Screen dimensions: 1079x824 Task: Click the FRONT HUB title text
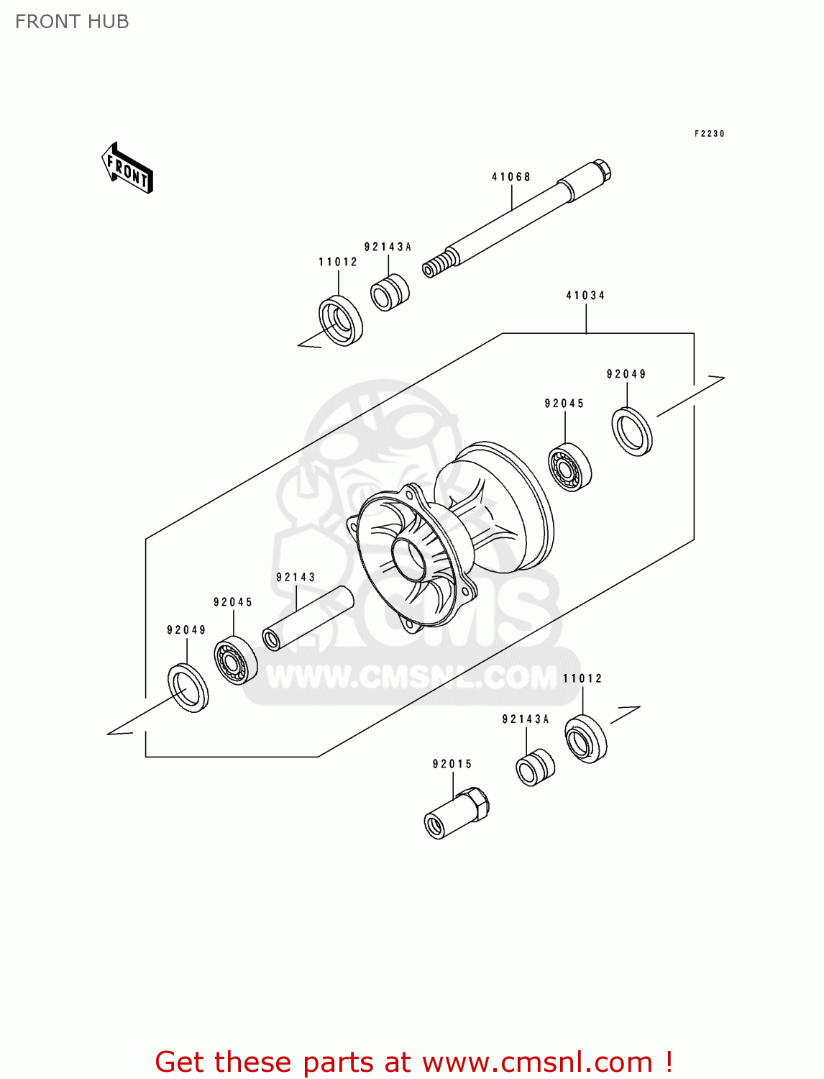(x=72, y=22)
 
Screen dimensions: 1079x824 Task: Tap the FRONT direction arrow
(x=127, y=168)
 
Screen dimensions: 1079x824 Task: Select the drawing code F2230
(x=709, y=134)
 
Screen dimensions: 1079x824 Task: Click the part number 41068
(x=511, y=177)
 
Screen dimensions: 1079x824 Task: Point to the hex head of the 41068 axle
(x=602, y=170)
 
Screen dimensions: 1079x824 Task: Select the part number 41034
(x=585, y=296)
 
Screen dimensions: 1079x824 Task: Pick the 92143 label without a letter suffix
(x=296, y=577)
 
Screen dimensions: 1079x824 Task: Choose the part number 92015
(x=452, y=764)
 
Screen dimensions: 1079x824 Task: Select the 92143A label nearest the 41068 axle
(x=388, y=247)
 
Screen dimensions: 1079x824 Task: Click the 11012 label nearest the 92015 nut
(x=582, y=678)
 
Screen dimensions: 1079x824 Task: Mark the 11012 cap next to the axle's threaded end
(x=341, y=320)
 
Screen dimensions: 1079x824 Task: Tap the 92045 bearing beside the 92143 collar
(x=235, y=660)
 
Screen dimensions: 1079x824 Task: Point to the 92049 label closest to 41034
(x=626, y=374)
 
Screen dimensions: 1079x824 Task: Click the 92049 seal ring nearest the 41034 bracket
(x=632, y=432)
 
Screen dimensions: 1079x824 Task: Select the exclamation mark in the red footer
(x=668, y=1062)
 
